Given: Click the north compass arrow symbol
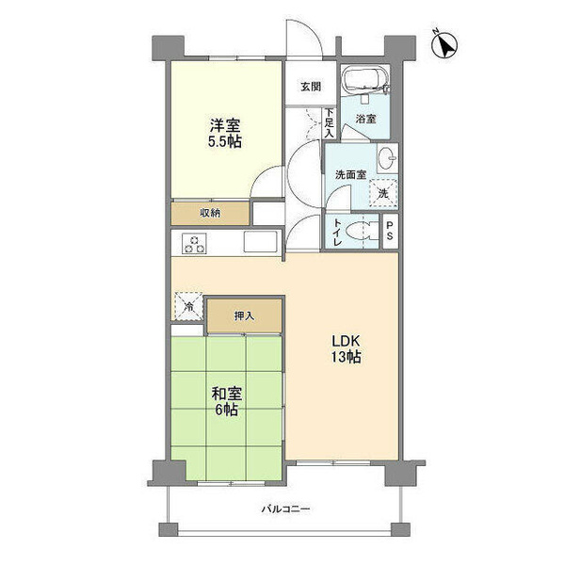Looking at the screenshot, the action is point(444,45).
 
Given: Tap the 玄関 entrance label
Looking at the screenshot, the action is point(311,87).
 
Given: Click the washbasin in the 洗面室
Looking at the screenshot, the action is point(387,157).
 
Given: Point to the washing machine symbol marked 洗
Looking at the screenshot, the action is point(383,193).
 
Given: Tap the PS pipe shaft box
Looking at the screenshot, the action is point(390,231).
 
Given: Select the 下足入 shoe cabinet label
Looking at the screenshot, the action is point(329,122).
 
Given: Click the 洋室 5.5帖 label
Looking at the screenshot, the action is point(225,133).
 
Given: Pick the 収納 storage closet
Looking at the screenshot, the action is point(210,214).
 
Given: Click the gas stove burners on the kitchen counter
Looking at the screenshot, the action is point(194,244).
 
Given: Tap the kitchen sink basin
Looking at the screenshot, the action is point(260,241).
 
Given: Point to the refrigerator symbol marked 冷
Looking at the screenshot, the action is point(189,306).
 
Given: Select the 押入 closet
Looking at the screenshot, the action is point(244,316).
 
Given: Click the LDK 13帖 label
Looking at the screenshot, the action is point(346,348).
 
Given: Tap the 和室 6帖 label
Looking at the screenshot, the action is point(226,401).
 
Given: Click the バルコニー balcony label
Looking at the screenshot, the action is point(285,509).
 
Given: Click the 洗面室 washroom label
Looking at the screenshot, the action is point(351,175).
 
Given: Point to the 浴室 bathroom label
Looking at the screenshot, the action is point(366,119).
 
